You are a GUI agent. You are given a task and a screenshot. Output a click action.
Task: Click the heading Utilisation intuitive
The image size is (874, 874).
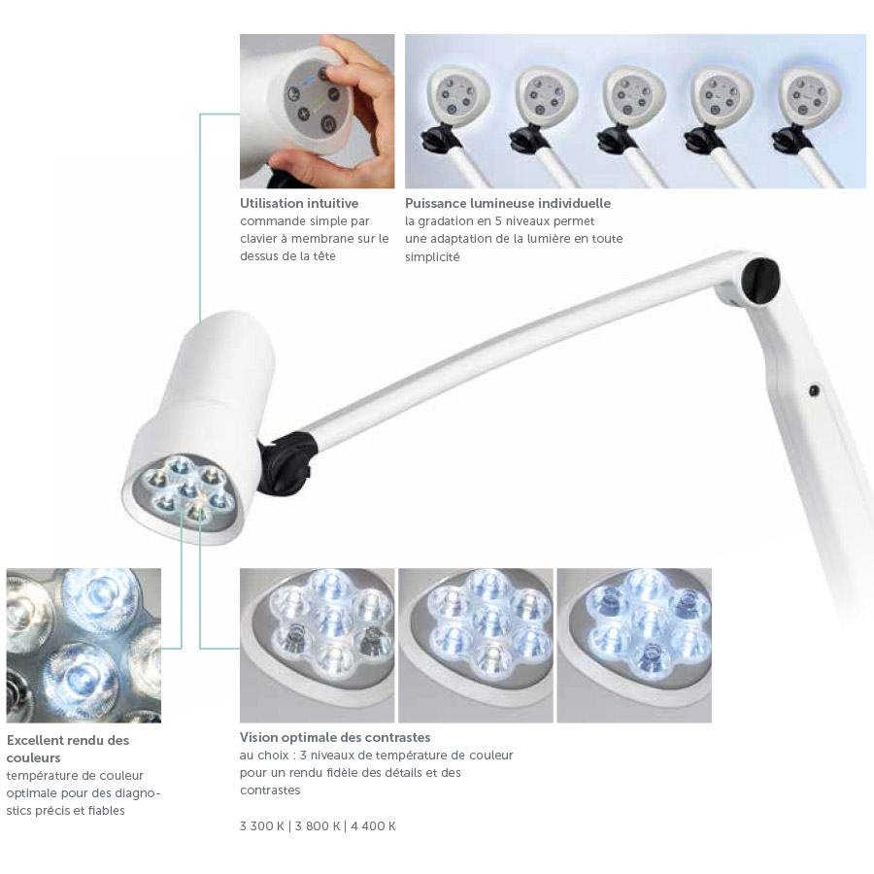coord(299,203)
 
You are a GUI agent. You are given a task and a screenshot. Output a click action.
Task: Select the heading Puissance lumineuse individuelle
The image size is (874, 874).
coord(508,203)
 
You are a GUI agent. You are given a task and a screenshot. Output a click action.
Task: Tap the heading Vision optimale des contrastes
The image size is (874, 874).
coord(335,737)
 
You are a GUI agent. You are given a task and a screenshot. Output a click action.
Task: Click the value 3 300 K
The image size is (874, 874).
coord(261,826)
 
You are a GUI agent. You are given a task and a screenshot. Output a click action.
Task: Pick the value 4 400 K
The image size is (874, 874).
coord(373,826)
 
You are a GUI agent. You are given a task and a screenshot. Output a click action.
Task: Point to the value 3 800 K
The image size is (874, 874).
coord(318,826)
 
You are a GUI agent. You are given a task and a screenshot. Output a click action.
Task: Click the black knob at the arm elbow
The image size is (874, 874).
coord(760,278)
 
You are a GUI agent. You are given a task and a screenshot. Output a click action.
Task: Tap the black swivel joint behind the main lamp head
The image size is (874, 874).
coord(285,462)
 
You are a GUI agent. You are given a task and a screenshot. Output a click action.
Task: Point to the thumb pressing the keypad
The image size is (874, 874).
coord(343,71)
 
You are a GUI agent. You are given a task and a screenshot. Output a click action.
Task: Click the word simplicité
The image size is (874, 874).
coord(432,257)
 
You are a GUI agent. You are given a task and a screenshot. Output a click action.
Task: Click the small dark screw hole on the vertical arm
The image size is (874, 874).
coord(814,390)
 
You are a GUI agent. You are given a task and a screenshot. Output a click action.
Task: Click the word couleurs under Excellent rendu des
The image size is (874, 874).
coord(33,758)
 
